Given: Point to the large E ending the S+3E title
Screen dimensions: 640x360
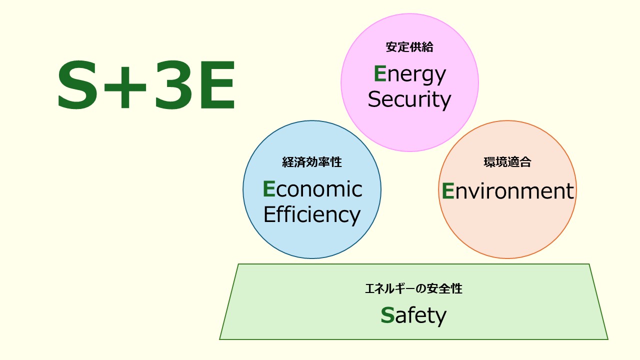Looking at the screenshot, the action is tap(217, 86).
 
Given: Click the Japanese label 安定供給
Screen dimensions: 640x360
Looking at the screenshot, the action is tap(409, 47).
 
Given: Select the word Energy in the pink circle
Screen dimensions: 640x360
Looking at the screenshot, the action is tap(409, 75).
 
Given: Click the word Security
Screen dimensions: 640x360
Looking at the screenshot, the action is tap(409, 99).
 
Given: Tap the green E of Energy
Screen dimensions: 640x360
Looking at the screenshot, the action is tap(380, 74).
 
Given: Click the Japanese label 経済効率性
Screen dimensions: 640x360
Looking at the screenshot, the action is tap(312, 162).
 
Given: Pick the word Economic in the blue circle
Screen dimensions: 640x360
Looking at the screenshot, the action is tap(312, 189).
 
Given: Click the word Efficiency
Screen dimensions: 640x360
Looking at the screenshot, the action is tap(312, 214).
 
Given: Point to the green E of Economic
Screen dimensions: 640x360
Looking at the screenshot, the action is tap(269, 189).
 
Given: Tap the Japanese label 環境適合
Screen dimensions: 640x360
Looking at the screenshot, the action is tap(507, 162).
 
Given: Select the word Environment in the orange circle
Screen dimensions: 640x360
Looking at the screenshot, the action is tap(507, 191).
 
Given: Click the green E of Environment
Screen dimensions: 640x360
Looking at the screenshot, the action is tap(448, 191).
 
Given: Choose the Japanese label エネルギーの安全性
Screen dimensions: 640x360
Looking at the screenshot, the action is tap(413, 289).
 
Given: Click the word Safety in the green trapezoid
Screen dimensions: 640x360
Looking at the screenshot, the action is tap(413, 315).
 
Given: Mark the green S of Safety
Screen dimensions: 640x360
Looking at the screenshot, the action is tap(387, 315).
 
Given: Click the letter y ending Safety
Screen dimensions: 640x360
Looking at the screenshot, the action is tap(440, 317).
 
